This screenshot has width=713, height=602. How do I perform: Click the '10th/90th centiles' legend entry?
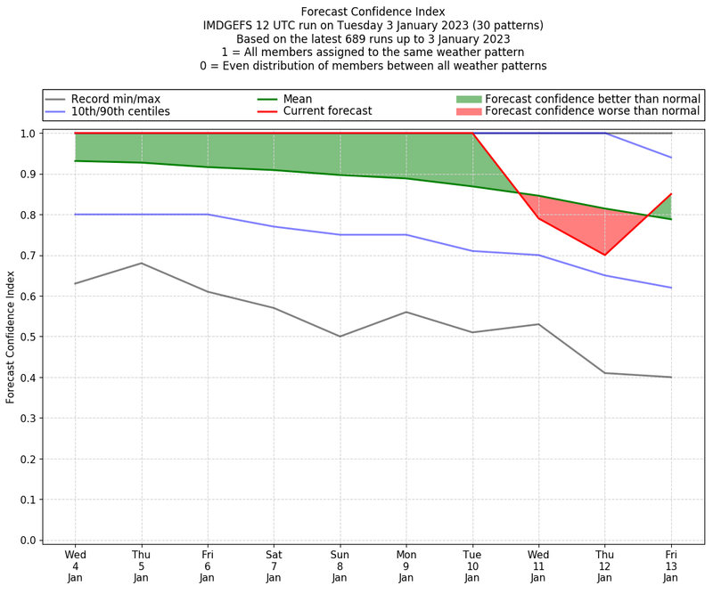pos(120,112)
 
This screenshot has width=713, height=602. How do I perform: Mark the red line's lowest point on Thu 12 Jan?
pos(604,255)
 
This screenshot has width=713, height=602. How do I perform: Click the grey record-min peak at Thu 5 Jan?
pos(141,263)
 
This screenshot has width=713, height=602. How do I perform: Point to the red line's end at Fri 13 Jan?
pos(670,194)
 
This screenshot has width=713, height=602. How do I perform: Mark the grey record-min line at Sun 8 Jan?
pos(340,337)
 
